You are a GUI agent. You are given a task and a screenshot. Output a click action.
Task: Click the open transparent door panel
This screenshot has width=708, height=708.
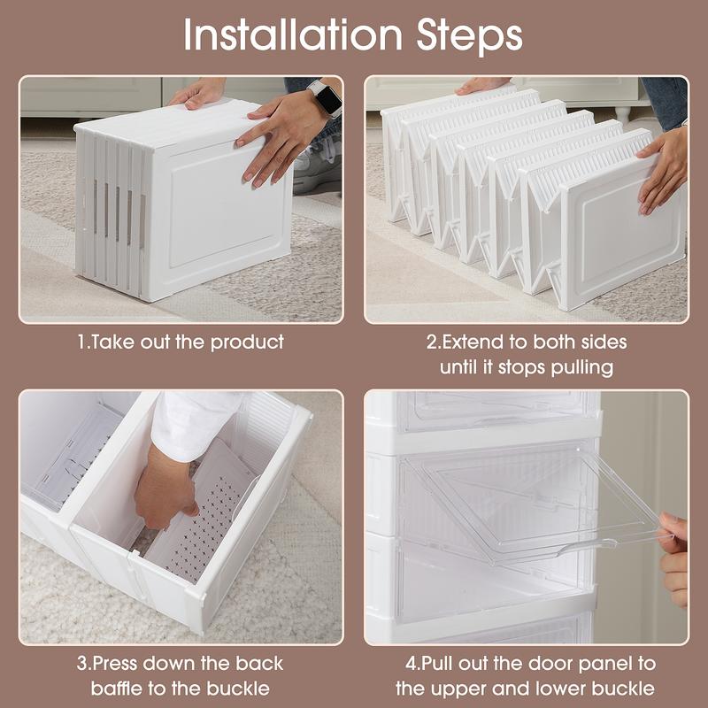tap(522, 504)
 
